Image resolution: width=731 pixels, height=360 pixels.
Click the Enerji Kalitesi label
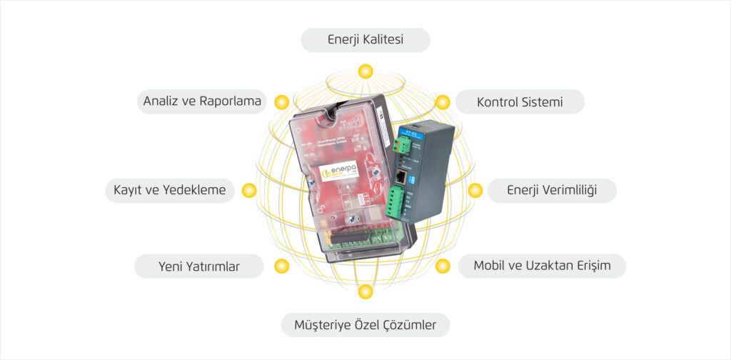click(x=365, y=40)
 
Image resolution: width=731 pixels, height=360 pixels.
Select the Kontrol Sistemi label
click(x=520, y=102)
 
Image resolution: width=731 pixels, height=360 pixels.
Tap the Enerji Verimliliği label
click(x=551, y=191)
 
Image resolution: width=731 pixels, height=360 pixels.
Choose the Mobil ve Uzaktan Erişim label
click(x=542, y=266)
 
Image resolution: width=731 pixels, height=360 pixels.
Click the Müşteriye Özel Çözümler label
click(x=365, y=326)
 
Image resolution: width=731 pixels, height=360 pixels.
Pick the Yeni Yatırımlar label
click(x=198, y=267)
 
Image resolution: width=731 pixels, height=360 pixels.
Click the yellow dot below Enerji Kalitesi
click(x=365, y=71)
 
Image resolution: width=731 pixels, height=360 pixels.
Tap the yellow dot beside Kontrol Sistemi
click(x=443, y=101)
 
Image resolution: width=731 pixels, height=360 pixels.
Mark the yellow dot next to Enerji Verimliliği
click(x=475, y=190)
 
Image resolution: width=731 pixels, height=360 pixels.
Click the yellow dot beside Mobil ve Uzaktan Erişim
click(x=443, y=266)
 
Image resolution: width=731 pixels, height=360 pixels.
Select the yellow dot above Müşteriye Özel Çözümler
click(x=365, y=291)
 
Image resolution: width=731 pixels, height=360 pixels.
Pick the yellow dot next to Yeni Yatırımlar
click(x=282, y=266)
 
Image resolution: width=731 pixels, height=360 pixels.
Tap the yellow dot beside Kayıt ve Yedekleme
click(x=249, y=190)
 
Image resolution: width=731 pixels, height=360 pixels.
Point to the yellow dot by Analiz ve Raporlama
click(x=282, y=101)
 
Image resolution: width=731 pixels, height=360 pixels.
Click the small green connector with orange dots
click(x=402, y=146)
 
